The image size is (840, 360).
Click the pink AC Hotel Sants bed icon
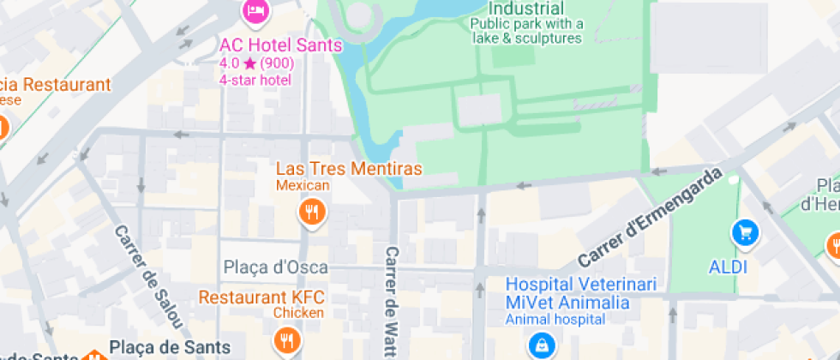tap(255, 11)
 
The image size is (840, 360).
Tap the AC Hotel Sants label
tap(280, 45)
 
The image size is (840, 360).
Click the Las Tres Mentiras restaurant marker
tap(312, 212)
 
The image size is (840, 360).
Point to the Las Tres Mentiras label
tap(348, 169)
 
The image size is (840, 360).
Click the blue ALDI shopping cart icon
tap(743, 231)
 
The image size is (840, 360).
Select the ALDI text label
tap(728, 267)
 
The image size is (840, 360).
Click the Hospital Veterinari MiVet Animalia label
tap(567, 293)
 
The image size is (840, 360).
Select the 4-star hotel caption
tap(255, 80)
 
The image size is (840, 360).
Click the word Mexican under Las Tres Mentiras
tap(303, 186)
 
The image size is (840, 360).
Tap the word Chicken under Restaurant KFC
tap(298, 313)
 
